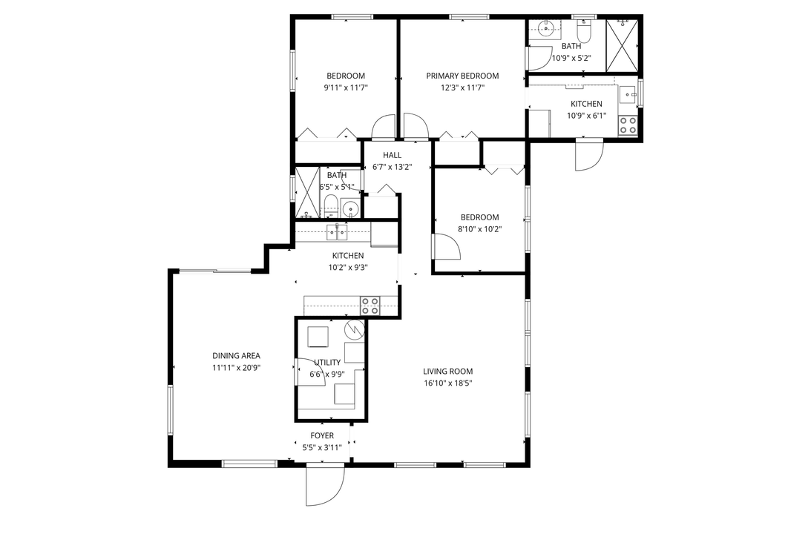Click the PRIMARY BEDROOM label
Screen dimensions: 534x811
click(x=462, y=76)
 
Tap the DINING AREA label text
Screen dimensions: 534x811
click(x=236, y=356)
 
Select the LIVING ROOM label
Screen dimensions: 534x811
click(x=447, y=372)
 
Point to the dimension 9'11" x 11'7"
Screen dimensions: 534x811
click(x=346, y=88)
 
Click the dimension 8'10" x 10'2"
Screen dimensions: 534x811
click(x=479, y=229)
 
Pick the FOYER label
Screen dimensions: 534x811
click(x=322, y=436)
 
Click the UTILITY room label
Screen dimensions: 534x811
click(x=327, y=363)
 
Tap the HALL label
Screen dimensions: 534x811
click(x=392, y=155)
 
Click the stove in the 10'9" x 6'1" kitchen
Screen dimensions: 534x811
click(x=628, y=125)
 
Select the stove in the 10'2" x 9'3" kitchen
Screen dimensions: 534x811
click(x=370, y=305)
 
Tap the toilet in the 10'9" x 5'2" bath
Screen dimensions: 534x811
click(x=583, y=32)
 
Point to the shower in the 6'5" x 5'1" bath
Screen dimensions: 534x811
click(x=307, y=194)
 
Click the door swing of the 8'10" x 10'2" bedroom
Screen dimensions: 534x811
click(x=446, y=246)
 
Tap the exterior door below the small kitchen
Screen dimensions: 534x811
click(x=589, y=155)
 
